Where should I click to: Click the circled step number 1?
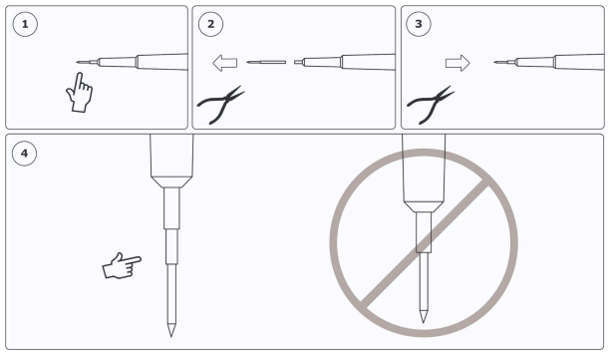25,24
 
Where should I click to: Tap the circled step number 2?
210,24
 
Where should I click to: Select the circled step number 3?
419,24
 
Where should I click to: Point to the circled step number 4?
25,154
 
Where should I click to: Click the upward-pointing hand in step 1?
80,93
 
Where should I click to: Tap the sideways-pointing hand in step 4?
122,266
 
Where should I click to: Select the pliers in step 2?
221,105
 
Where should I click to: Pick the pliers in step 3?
431,105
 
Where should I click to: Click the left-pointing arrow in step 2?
225,63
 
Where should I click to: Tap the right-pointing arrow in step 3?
458,63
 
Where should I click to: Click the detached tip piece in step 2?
266,62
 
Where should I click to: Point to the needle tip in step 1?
78,62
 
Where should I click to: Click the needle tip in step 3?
495,62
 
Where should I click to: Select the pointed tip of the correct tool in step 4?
171,336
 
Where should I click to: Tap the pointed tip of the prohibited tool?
423,322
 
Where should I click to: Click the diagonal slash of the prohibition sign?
424,243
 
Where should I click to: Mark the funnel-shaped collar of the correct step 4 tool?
171,181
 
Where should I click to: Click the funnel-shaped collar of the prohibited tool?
424,206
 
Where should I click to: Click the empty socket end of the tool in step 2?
297,62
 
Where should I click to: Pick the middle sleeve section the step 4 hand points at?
171,246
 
